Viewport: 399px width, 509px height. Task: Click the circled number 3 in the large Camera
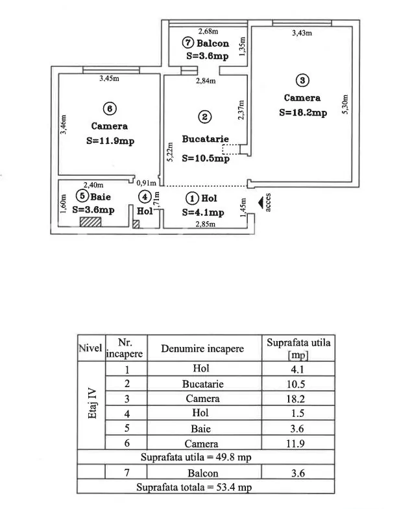[302, 80]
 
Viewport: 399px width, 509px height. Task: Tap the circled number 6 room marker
[110, 108]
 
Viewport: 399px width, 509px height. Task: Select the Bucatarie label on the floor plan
[206, 139]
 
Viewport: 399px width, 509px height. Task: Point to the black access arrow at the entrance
[261, 203]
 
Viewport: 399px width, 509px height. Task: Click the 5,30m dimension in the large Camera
[345, 104]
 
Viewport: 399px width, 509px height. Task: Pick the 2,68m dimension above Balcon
[208, 31]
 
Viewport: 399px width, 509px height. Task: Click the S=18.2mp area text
[303, 113]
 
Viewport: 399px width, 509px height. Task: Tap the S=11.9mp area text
[110, 141]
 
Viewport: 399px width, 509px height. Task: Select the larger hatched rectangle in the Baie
[91, 222]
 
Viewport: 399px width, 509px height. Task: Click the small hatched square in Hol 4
[136, 224]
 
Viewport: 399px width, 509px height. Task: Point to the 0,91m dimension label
[146, 183]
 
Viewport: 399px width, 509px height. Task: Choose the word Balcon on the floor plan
[213, 43]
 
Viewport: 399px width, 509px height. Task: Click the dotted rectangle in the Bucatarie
[231, 149]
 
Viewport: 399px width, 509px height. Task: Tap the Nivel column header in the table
[90, 348]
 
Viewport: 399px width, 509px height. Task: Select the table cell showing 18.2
[295, 399]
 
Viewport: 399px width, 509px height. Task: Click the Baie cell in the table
[201, 429]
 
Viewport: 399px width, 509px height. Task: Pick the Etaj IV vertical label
[92, 403]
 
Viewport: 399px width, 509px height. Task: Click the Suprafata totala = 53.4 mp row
[194, 487]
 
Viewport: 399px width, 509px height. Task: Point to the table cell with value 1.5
[297, 413]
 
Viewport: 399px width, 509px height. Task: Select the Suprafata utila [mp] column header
[298, 348]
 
